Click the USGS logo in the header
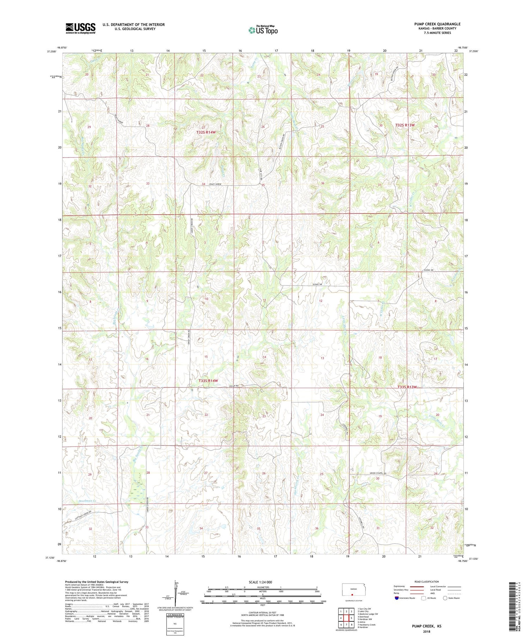pyautogui.click(x=80, y=28)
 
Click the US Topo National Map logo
pyautogui.click(x=263, y=30)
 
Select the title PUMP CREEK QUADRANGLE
pyautogui.click(x=437, y=24)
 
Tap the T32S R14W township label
pyautogui.click(x=206, y=132)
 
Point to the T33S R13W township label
pyautogui.click(x=407, y=387)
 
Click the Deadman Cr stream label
pyautogui.click(x=87, y=500)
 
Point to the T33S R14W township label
pyautogui.click(x=208, y=381)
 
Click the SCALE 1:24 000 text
pyautogui.click(x=262, y=582)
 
